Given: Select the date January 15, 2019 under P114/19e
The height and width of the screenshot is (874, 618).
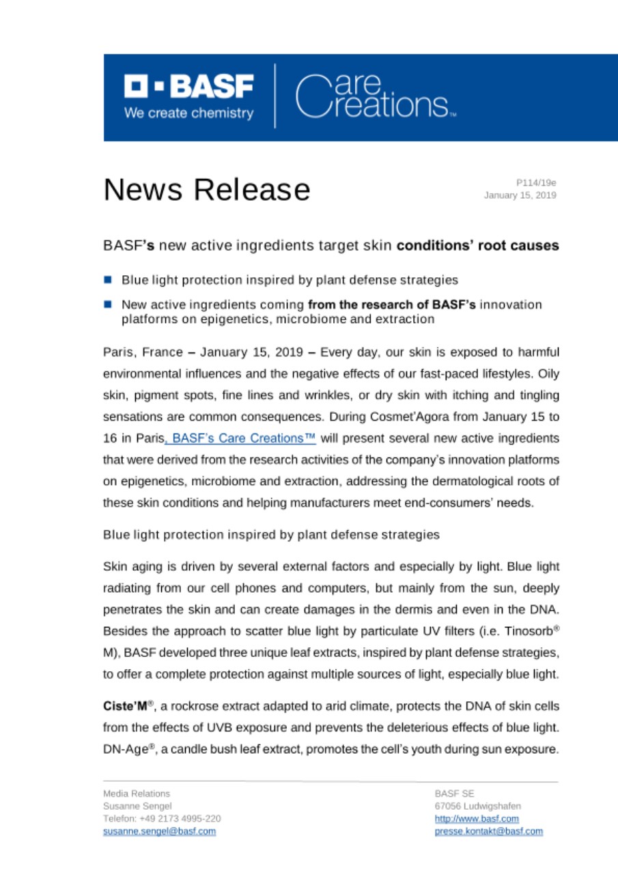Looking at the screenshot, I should tap(519, 195).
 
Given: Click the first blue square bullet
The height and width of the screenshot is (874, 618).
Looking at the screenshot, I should tap(108, 280).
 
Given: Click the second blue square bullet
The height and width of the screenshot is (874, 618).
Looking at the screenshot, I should tap(108, 303).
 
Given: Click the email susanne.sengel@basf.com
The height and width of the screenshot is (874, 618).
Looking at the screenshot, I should tap(159, 831).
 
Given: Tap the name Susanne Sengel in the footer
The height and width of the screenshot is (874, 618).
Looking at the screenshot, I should tap(132, 806).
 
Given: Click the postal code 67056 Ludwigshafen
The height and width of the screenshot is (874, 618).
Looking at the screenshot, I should tap(471, 806).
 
